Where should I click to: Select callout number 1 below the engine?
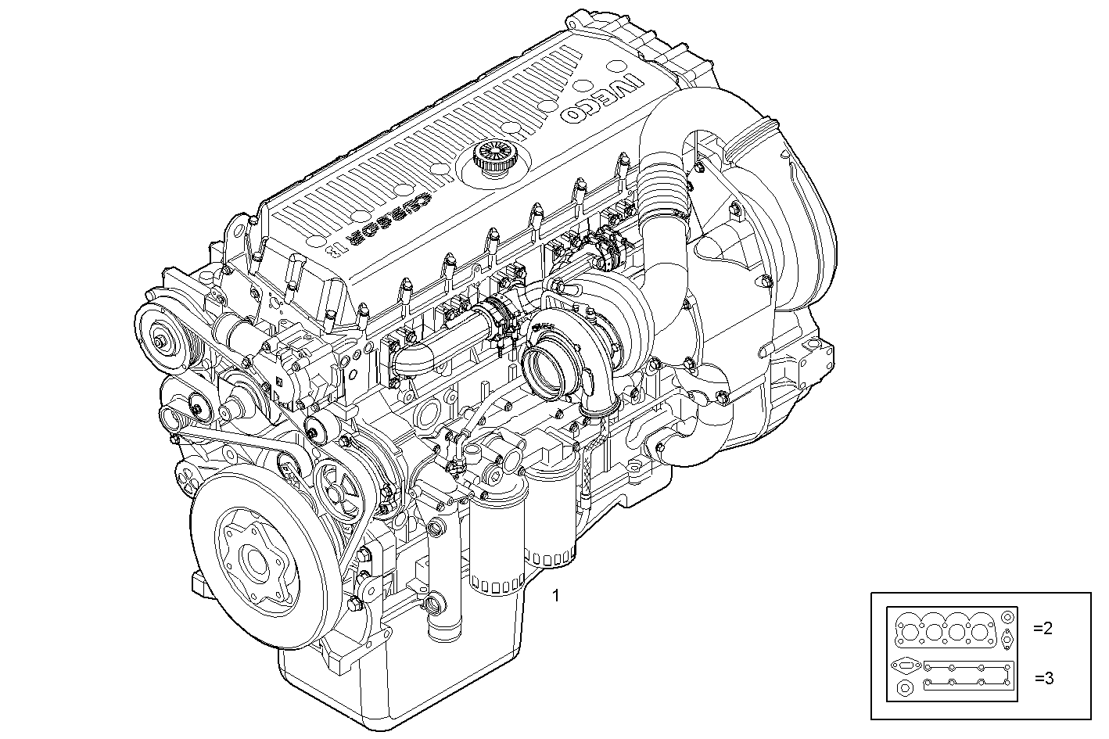(x=555, y=596)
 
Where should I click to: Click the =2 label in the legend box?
(x=1043, y=627)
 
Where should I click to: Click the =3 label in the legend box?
(x=1043, y=678)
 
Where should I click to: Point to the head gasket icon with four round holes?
(x=946, y=630)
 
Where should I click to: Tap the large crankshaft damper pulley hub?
(x=255, y=560)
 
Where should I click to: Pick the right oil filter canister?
(x=552, y=516)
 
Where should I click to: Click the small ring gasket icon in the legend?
(x=905, y=689)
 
